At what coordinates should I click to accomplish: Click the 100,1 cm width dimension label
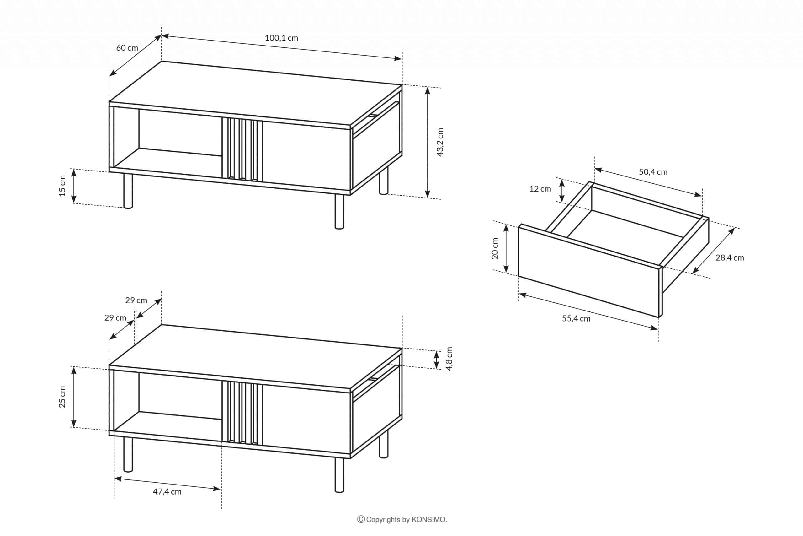coord(281,38)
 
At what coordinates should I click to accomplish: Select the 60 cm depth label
coord(127,48)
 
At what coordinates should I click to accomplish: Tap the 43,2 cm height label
coord(440,142)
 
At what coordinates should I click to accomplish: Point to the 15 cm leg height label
coord(62,186)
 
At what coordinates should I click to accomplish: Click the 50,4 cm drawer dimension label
coord(653,172)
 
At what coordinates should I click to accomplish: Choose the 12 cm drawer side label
coord(540,189)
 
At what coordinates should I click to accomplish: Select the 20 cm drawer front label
coord(495,248)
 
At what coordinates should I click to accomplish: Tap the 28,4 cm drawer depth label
coord(730,258)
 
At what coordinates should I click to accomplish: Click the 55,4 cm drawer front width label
coord(576,319)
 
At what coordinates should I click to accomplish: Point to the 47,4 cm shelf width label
coord(167,491)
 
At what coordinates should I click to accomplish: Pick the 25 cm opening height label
coord(62,397)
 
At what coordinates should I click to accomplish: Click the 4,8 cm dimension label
coord(449,359)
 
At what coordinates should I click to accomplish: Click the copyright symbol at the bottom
coord(361,520)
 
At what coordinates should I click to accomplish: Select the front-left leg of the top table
coord(128,191)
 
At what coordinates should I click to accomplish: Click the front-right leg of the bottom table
coord(339,475)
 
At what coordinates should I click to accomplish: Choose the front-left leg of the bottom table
coord(128,454)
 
